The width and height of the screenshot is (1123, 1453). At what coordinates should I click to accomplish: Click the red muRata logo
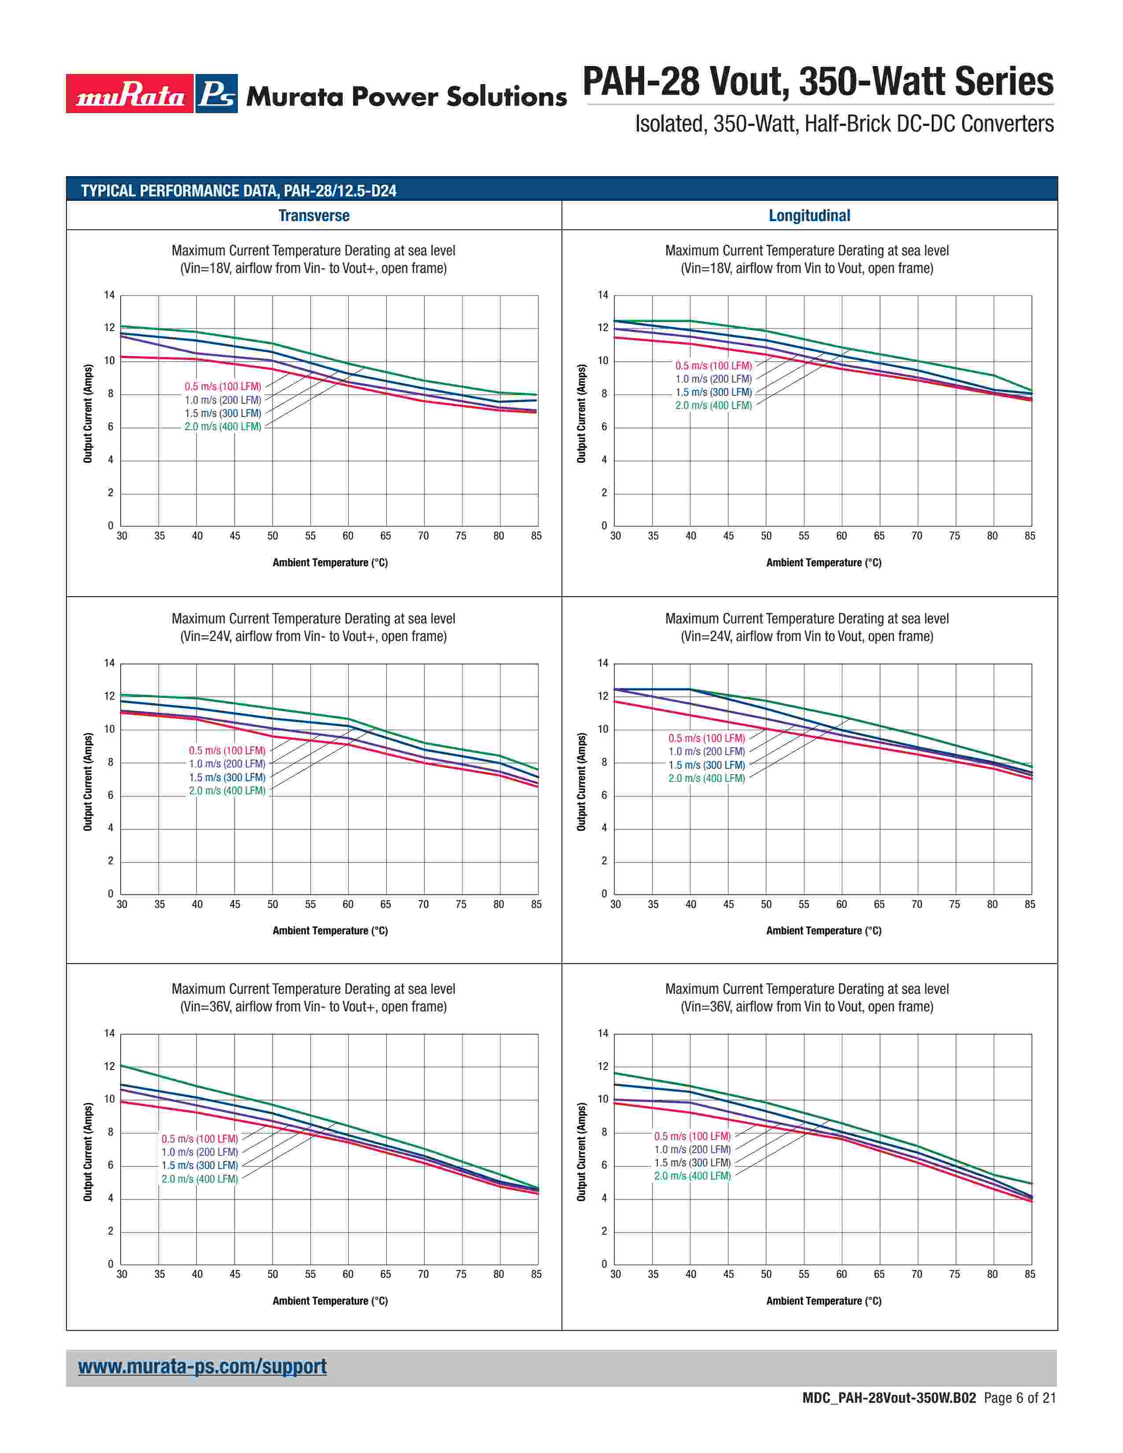pyautogui.click(x=130, y=94)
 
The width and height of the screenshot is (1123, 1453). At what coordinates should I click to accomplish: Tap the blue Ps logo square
pyautogui.click(x=217, y=94)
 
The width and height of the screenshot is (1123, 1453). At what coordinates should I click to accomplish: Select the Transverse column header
pyautogui.click(x=314, y=216)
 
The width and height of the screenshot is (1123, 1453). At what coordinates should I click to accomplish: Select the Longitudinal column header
pyautogui.click(x=809, y=216)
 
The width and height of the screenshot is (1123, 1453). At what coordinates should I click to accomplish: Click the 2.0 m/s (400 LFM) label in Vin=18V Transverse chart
pyautogui.click(x=223, y=427)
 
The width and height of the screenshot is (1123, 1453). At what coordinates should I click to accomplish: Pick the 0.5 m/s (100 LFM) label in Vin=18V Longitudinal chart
pyautogui.click(x=713, y=366)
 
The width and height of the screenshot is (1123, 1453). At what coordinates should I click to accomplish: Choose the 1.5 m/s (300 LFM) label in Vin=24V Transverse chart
pyautogui.click(x=227, y=777)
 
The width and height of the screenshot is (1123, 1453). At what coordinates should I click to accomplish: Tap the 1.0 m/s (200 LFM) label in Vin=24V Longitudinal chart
pyautogui.click(x=706, y=752)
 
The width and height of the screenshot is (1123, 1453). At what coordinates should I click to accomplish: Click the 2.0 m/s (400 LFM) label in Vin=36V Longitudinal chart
pyautogui.click(x=692, y=1176)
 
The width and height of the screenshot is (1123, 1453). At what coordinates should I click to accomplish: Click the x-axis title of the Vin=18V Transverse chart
pyautogui.click(x=330, y=563)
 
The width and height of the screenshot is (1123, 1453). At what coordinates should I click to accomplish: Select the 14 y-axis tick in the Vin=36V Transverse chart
pyautogui.click(x=110, y=1033)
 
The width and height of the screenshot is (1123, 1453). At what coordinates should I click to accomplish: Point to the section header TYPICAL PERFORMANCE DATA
pyautogui.click(x=239, y=191)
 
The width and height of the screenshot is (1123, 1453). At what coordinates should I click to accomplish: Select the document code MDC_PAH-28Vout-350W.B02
pyautogui.click(x=889, y=1416)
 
